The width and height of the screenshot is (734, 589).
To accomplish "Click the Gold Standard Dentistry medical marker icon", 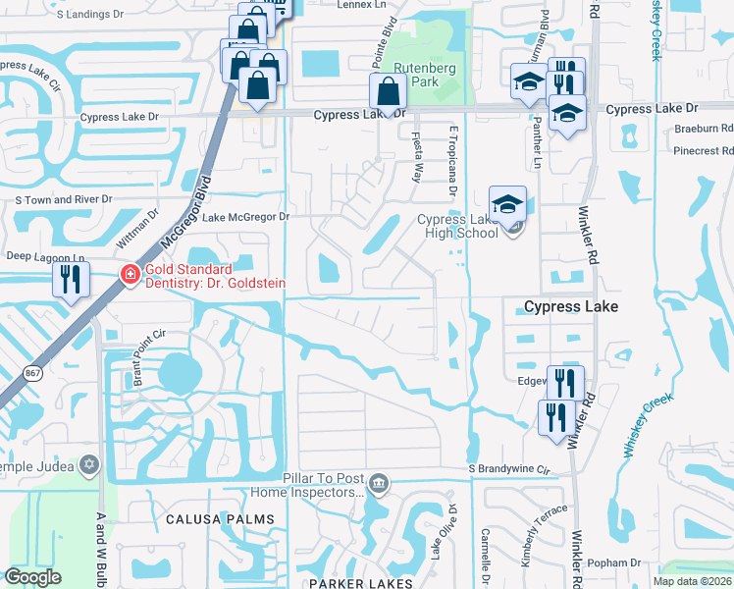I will [x=129, y=274].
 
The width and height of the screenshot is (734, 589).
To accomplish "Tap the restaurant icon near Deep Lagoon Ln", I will [x=71, y=279].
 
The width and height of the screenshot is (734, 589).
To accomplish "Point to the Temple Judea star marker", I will [x=89, y=463].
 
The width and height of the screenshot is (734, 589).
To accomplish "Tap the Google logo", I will [x=33, y=577].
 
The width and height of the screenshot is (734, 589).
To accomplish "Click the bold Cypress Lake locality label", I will [x=571, y=307].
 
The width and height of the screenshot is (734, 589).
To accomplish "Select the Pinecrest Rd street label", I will [x=702, y=151].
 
